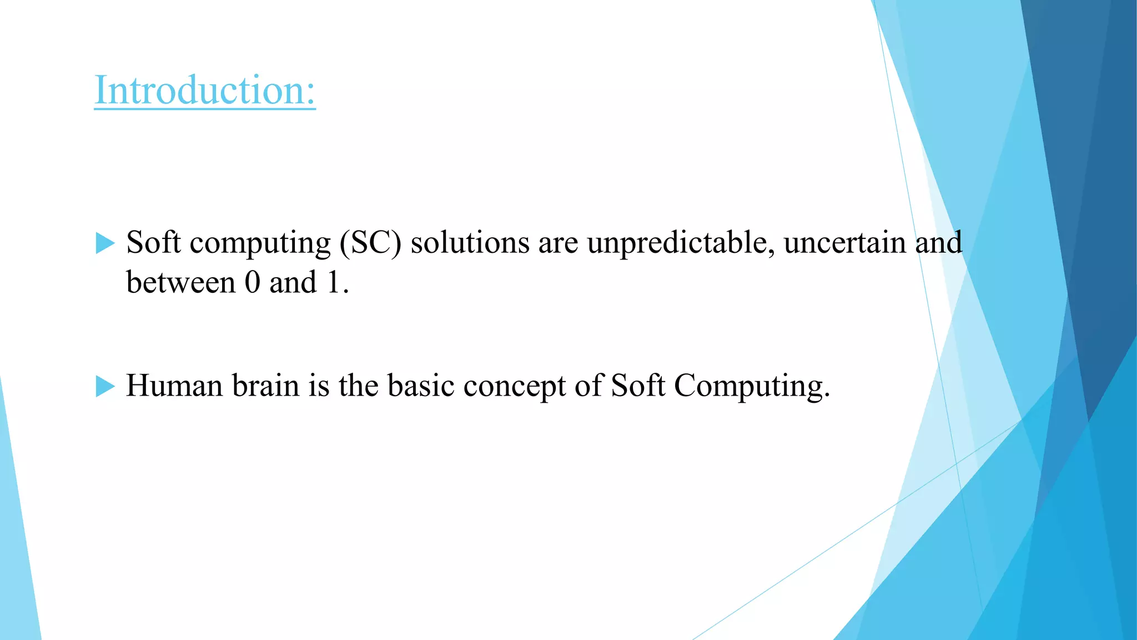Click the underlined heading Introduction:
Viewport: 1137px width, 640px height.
pyautogui.click(x=205, y=90)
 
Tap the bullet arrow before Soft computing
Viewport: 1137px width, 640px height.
pyautogui.click(x=105, y=243)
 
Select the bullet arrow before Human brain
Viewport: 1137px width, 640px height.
pyautogui.click(x=105, y=386)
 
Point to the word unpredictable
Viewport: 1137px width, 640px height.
pyautogui.click(x=681, y=243)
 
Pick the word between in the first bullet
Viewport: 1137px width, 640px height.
pyautogui.click(x=181, y=282)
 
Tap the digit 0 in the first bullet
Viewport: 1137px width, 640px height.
pyautogui.click(x=252, y=282)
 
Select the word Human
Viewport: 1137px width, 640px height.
pyautogui.click(x=174, y=386)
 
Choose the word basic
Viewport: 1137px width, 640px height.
pyautogui.click(x=421, y=386)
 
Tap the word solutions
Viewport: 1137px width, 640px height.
pyautogui.click(x=470, y=243)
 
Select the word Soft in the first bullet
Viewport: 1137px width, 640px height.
pyautogui.click(x=153, y=243)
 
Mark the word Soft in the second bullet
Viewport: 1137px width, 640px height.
pyautogui.click(x=638, y=386)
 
